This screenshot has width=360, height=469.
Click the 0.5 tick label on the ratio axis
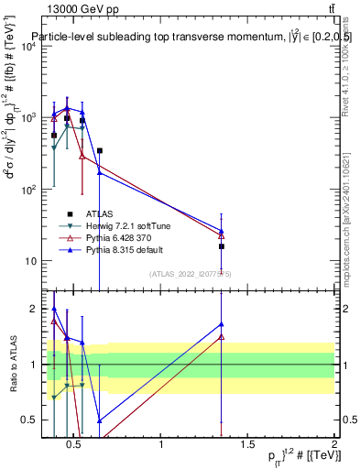(x=28, y=420)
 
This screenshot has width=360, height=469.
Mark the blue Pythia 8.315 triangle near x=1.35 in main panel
(x=222, y=231)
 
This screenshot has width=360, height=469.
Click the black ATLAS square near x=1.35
(x=222, y=246)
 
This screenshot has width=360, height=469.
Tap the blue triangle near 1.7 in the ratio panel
(x=222, y=323)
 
